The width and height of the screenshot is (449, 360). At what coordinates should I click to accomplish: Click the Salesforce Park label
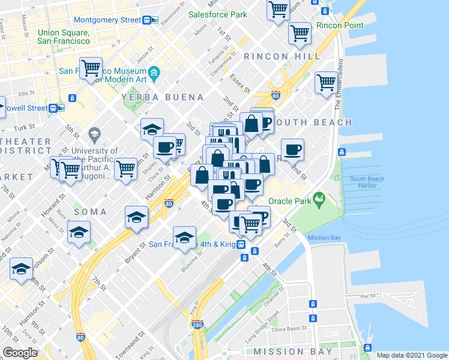click(x=217, y=14)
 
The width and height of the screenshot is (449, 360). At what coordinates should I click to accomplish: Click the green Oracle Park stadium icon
click(x=319, y=197)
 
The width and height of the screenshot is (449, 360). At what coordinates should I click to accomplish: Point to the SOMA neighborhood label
click(x=91, y=212)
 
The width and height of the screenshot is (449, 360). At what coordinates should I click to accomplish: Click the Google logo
click(x=20, y=353)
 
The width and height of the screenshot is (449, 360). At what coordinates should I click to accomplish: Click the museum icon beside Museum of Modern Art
click(x=154, y=73)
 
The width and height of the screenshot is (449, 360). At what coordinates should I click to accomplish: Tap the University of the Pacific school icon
click(x=94, y=133)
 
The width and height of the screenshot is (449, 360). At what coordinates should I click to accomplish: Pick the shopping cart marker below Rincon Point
click(x=300, y=32)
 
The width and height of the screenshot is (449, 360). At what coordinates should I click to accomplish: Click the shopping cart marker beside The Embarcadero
click(x=326, y=82)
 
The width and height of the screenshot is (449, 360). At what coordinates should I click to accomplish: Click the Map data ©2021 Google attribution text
click(x=412, y=355)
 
